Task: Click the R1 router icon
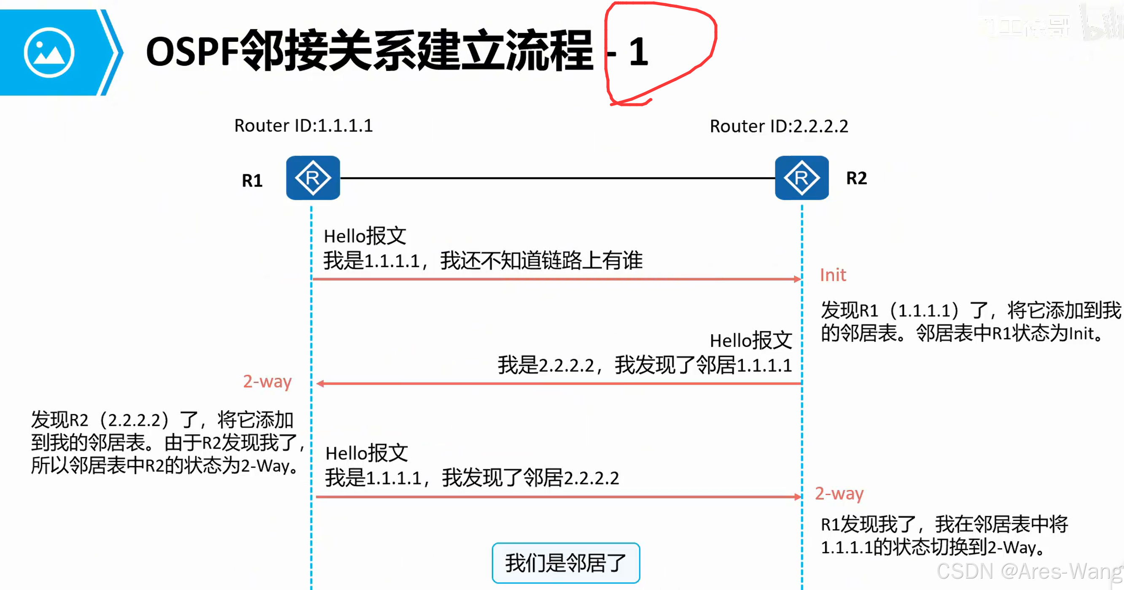coord(313,178)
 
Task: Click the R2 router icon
coord(801,178)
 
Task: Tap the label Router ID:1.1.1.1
coord(303,126)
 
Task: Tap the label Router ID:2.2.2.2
coord(779,126)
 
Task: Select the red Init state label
coord(833,275)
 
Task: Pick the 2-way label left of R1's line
coord(267,382)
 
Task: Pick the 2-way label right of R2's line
coord(839,493)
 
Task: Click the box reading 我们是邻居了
coord(566,563)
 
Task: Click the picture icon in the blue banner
coord(49,52)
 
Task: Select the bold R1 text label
coord(252,180)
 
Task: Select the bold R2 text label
coord(857,178)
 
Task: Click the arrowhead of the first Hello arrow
coord(798,279)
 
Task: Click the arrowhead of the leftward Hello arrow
coord(320,384)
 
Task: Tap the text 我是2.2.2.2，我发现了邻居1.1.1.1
coord(645,365)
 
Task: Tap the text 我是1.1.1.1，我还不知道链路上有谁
coord(483,261)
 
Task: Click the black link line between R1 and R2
coord(557,178)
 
